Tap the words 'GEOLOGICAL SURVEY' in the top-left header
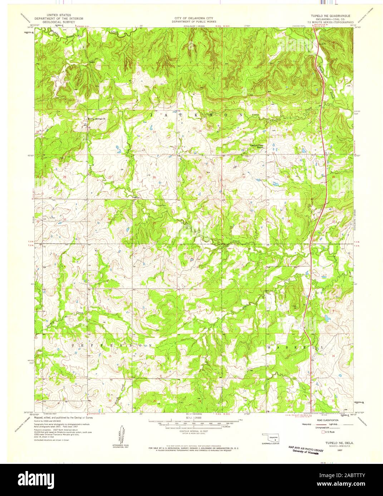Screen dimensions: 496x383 (59, 21)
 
